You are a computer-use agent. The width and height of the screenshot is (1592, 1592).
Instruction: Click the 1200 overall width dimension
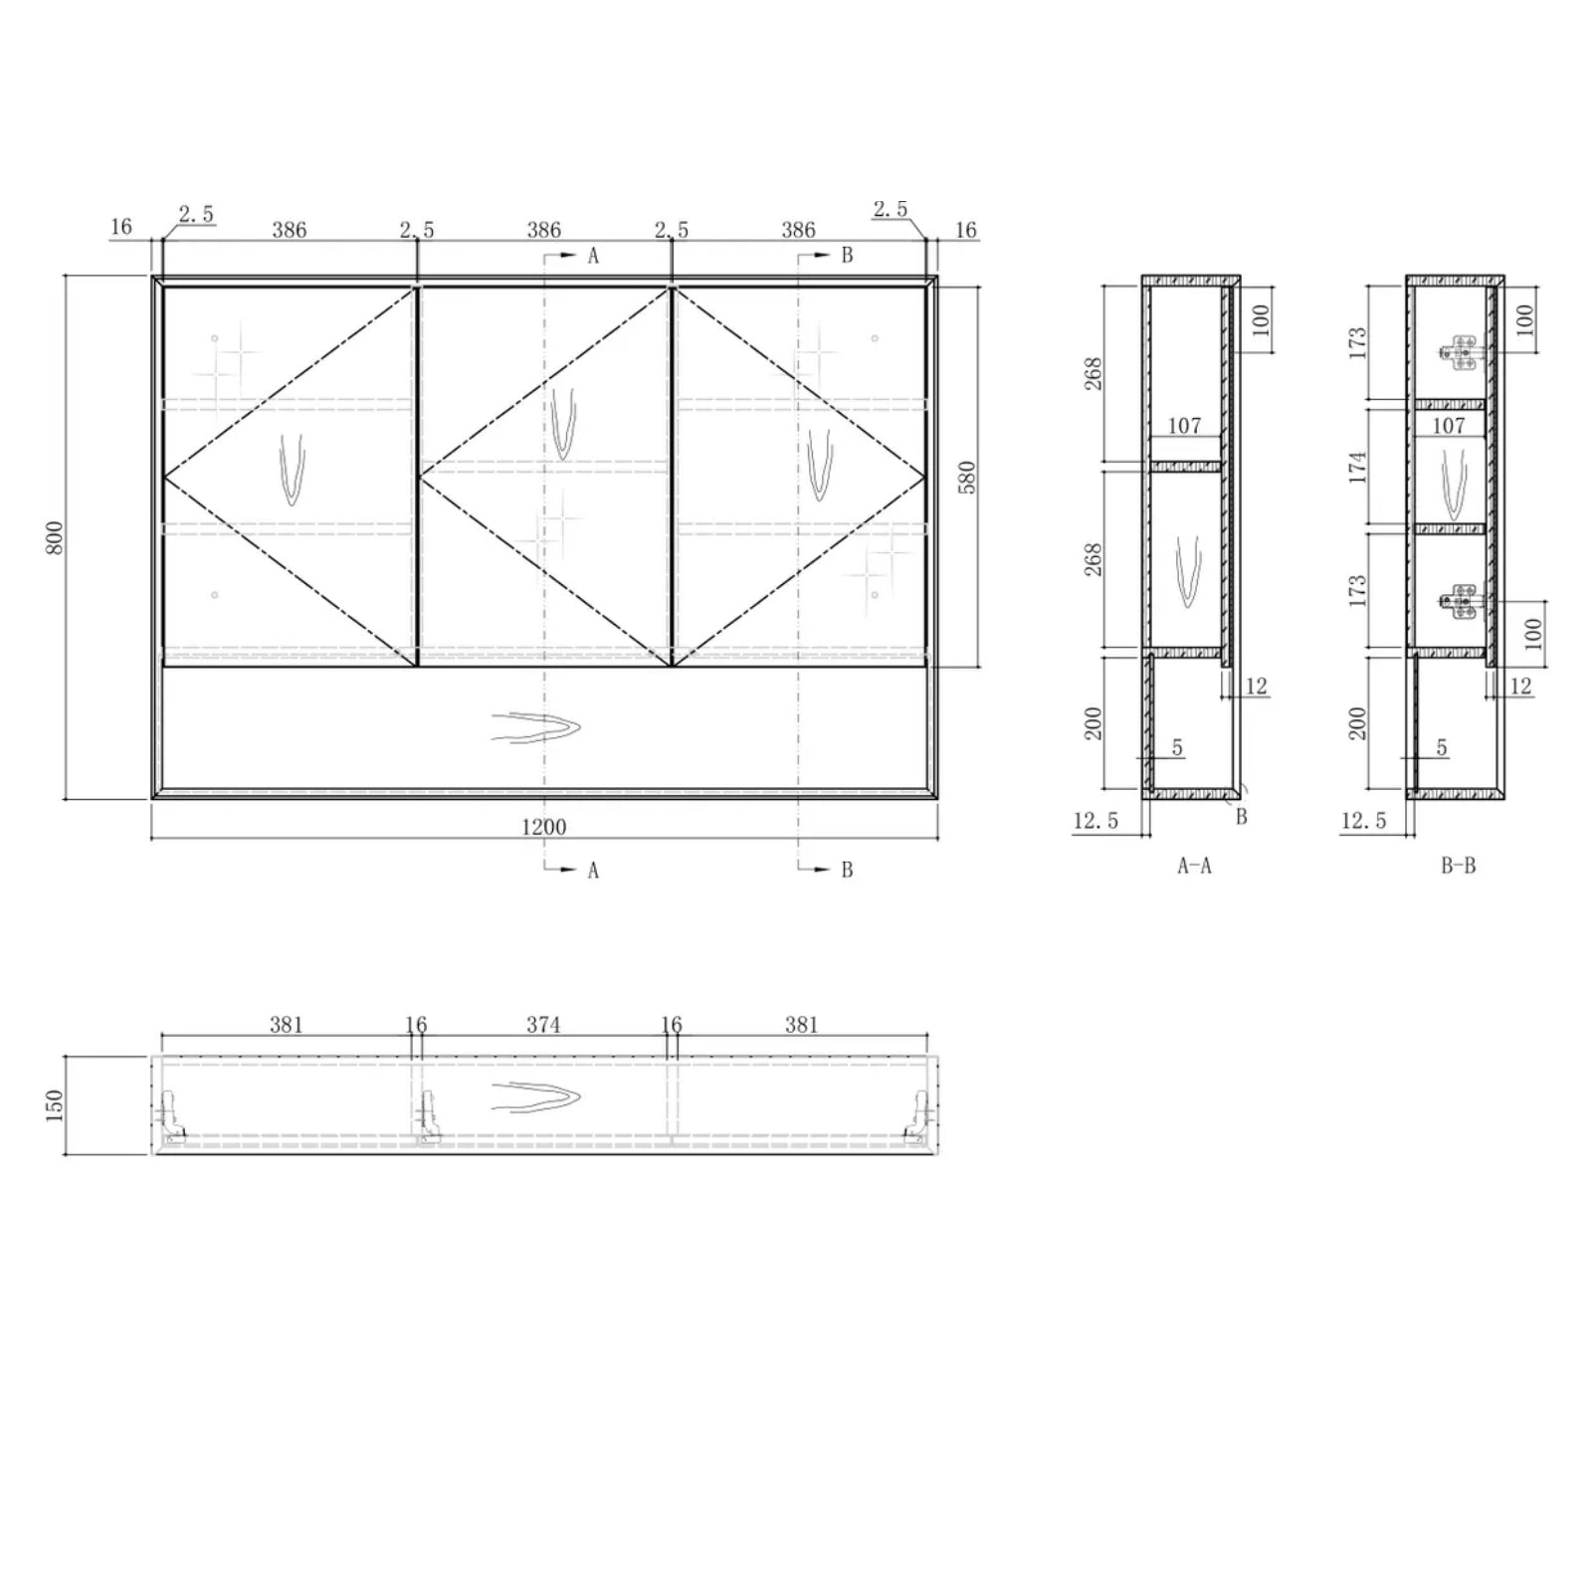pos(543,827)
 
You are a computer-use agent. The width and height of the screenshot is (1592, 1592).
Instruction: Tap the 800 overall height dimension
pos(56,537)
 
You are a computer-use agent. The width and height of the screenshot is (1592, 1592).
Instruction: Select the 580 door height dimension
pos(967,477)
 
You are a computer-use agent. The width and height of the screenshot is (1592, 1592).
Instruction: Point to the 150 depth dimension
pos(56,1104)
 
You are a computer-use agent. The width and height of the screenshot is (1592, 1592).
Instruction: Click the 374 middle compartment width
pos(543,1024)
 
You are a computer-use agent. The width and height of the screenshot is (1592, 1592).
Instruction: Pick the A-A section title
pos(1194,866)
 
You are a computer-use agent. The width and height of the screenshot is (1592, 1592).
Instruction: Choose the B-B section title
pos(1458,866)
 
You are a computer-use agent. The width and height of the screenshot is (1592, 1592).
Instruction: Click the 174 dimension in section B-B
pos(1359,467)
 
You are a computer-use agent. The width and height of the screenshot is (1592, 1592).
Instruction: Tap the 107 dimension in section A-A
pos(1184,426)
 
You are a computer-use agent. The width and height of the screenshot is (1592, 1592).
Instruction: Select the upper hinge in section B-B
pos(1462,352)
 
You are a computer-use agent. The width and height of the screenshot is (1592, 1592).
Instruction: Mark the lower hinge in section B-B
pos(1462,601)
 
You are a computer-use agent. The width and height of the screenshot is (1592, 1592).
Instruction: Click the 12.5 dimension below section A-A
pos(1095,821)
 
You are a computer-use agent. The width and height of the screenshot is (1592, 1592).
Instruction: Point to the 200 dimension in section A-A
pos(1094,722)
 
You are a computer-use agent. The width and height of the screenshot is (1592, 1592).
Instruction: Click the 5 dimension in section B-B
pos(1442,748)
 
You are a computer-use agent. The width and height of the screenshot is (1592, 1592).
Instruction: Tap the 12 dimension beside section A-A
pos(1256,686)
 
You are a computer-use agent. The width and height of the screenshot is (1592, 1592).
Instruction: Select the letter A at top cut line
pos(593,256)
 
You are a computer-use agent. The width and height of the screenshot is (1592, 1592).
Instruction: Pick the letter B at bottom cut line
pos(847,870)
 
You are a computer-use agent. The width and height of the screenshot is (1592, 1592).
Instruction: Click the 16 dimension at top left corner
pos(121,227)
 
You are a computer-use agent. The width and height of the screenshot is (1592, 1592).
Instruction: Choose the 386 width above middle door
pos(543,230)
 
